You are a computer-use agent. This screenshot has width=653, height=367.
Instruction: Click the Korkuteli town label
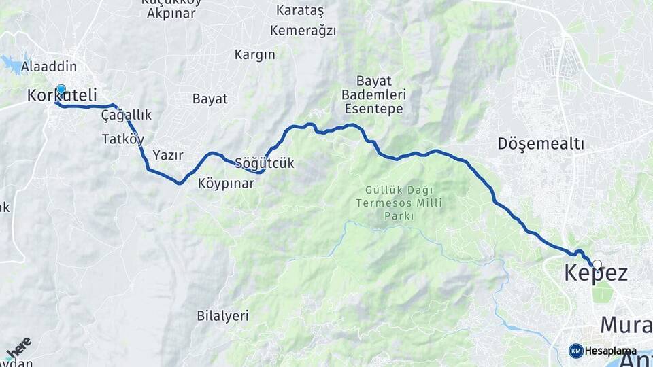[x=62, y=96]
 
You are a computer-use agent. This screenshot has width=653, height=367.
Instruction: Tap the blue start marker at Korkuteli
[x=61, y=90]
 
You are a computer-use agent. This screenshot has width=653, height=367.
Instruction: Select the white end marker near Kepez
[x=597, y=265]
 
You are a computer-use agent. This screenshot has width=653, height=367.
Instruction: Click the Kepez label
[x=596, y=274]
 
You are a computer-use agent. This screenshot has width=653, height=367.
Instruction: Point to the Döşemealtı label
[x=541, y=144]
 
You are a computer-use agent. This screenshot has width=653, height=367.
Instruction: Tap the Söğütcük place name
[x=264, y=163]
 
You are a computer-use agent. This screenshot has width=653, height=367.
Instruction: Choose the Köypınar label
[x=226, y=183]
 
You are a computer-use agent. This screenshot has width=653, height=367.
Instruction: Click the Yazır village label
[x=168, y=155]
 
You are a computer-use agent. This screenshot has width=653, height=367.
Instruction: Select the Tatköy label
[x=122, y=139]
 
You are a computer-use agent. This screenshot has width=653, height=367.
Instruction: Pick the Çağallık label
[x=126, y=116]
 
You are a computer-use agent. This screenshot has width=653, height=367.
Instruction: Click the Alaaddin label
[x=48, y=67]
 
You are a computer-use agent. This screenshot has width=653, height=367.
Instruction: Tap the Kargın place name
[x=254, y=55]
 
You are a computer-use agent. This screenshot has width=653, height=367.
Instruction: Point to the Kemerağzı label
[x=303, y=31]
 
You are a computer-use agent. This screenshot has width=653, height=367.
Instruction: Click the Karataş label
[x=301, y=10]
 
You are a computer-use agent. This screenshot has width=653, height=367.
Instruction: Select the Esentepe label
[x=373, y=109]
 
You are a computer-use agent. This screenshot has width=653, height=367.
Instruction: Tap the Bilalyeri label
[x=222, y=316]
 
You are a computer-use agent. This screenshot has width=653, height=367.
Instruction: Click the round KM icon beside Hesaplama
[x=575, y=351]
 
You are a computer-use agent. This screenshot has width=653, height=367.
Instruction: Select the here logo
[x=18, y=347]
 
